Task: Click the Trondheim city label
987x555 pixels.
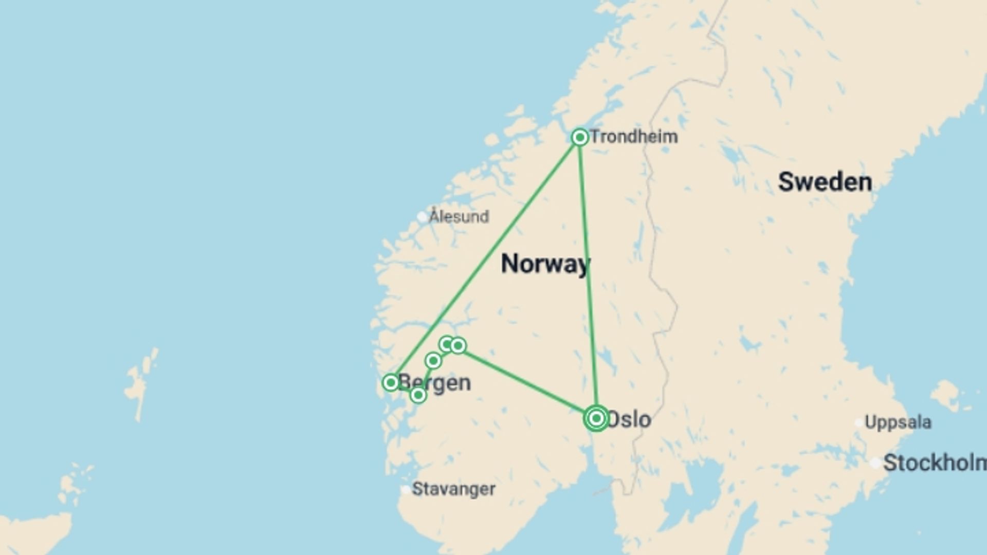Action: point(634,137)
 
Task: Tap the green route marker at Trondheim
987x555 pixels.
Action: point(580,137)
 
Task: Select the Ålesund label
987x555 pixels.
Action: point(459,216)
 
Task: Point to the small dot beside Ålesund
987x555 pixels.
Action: point(422,217)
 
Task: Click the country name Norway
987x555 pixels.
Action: point(545,264)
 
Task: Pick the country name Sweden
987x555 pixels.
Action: point(825,182)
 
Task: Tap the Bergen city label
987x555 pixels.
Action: point(435,383)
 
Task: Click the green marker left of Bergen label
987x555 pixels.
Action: point(391,382)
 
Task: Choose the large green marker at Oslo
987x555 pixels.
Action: point(596,418)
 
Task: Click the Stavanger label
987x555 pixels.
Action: point(454,489)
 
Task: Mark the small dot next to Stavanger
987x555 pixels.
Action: point(406,490)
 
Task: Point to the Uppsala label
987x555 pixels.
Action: point(898,422)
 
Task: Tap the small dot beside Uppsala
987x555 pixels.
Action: point(858,423)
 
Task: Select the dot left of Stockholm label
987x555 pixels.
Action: point(875,463)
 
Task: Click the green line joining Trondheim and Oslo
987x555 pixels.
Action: point(588,277)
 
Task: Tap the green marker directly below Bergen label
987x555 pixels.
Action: point(418,395)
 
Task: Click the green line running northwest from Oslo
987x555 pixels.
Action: point(527,381)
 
